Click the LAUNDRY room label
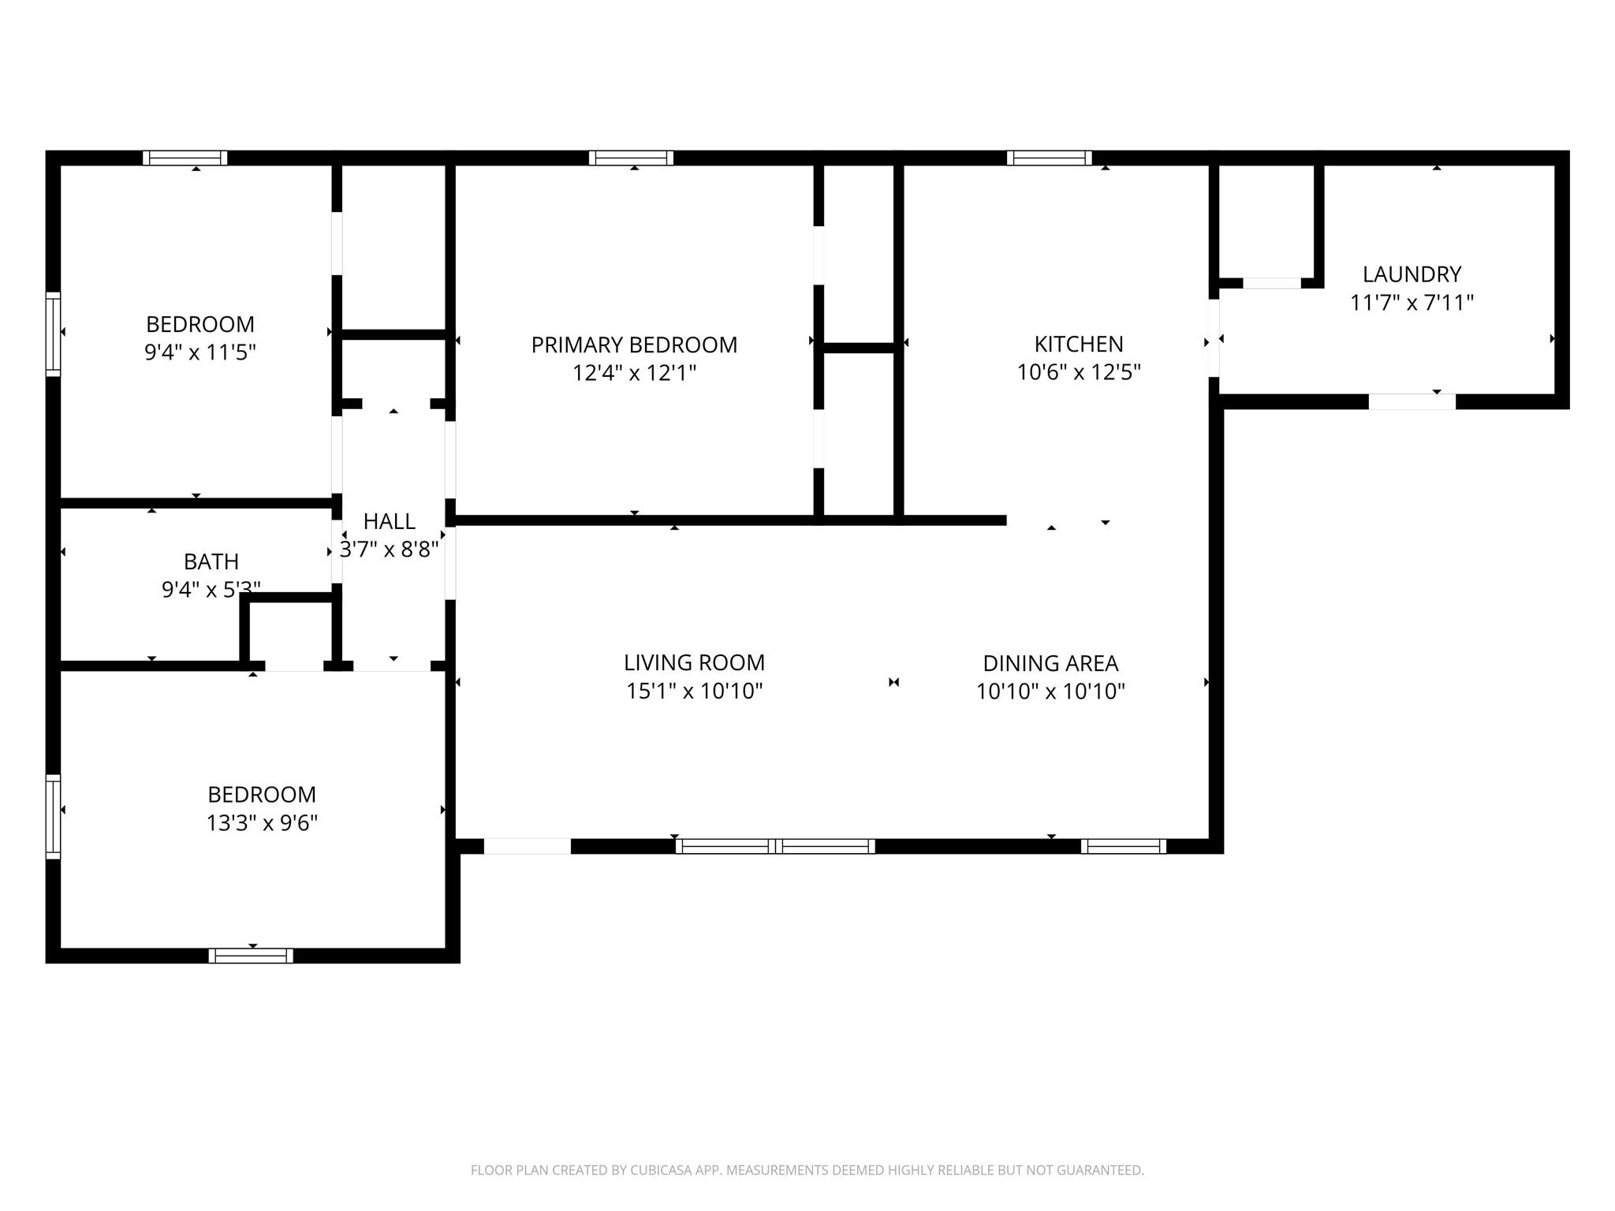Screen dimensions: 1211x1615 [x=1412, y=274]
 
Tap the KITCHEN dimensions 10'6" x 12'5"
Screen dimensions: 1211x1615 [x=1079, y=372]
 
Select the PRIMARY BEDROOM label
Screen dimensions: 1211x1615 [x=634, y=345]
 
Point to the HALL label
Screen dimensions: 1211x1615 [x=389, y=521]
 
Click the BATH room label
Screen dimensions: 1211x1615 [x=211, y=561]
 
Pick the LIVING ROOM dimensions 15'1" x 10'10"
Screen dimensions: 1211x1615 [x=694, y=691]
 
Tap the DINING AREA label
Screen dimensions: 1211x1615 [x=1050, y=663]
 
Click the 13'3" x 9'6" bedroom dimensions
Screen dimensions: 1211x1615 [x=262, y=823]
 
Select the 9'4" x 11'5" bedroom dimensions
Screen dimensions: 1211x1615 [x=200, y=352]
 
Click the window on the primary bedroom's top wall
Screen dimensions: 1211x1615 [x=631, y=158]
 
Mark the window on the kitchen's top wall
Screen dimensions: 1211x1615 [x=1049, y=158]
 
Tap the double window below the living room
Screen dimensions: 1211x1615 [x=775, y=846]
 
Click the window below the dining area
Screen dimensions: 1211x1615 [x=1123, y=846]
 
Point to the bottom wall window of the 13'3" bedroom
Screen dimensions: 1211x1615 [x=251, y=956]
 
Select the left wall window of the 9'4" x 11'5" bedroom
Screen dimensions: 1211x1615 [x=53, y=333]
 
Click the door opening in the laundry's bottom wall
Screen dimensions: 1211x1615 [x=1412, y=401]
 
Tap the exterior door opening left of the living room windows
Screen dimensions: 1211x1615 [x=527, y=846]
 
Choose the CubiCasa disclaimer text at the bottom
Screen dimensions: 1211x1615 [x=807, y=1170]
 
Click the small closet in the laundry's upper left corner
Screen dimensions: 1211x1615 [x=1266, y=221]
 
